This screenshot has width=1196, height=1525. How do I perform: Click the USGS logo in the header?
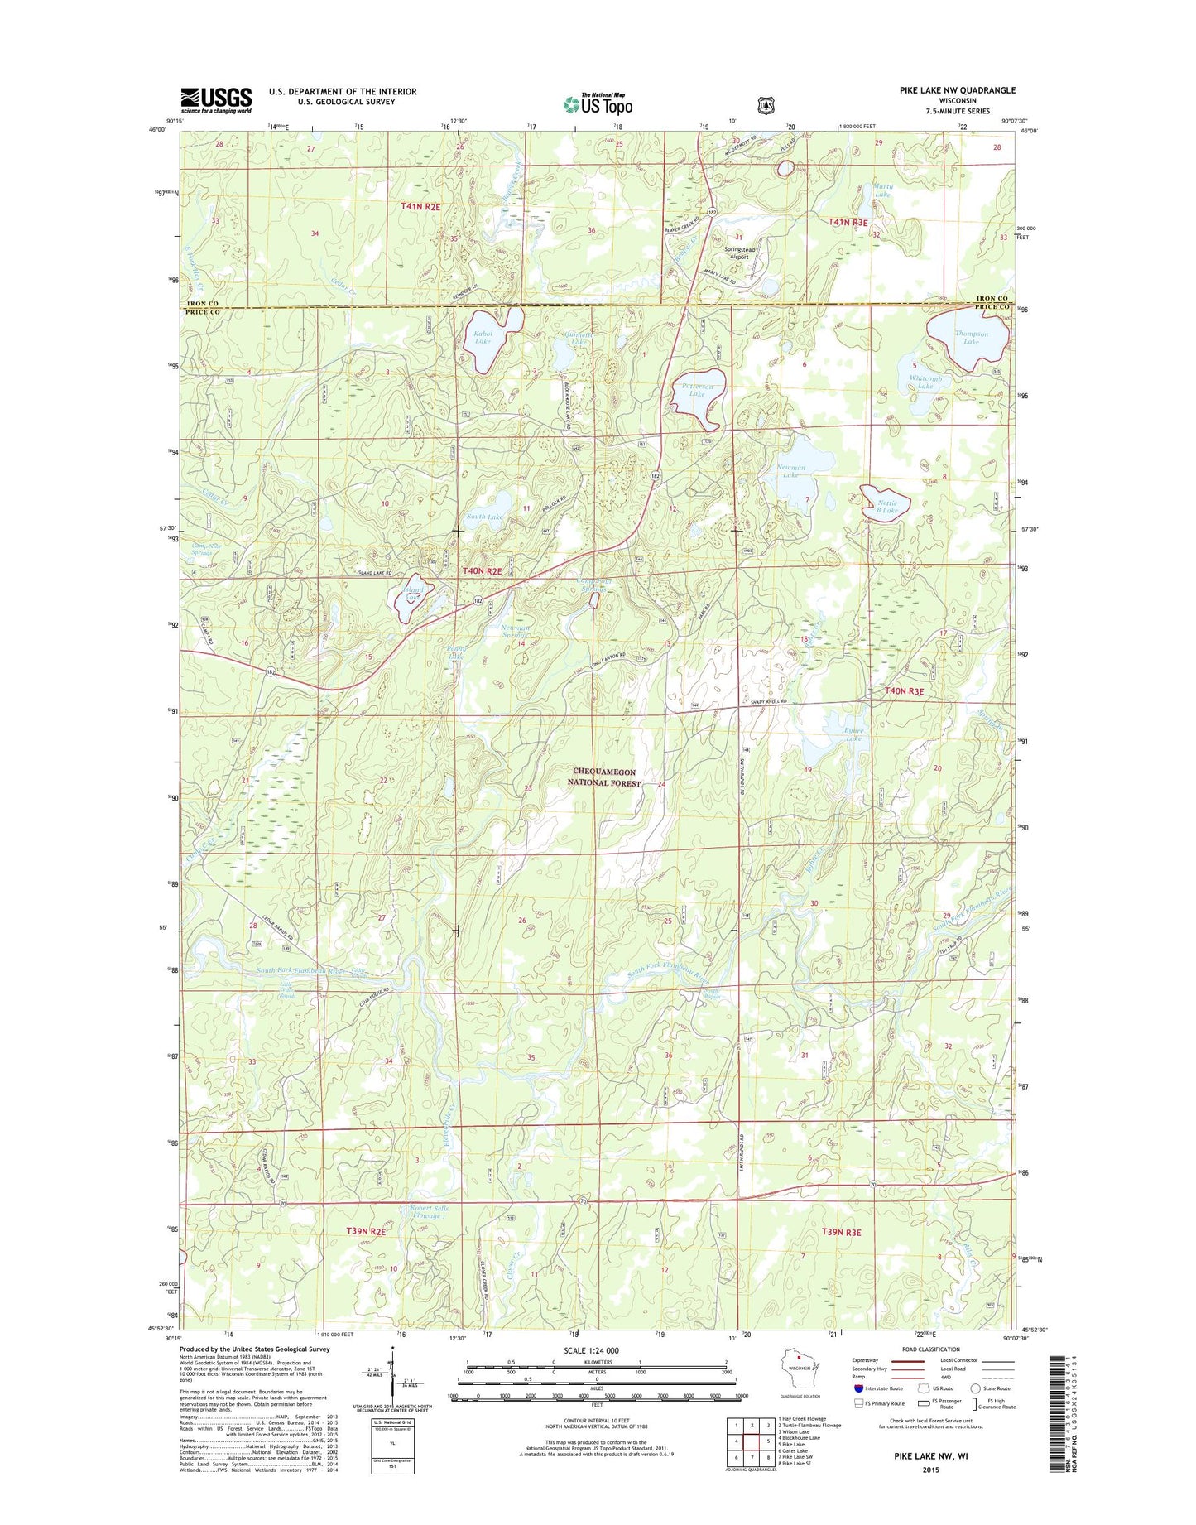click(216, 100)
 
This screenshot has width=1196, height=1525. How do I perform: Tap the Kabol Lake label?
click(483, 337)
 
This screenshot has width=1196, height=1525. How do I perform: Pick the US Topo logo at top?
click(598, 104)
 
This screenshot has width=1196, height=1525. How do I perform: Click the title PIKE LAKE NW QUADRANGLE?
click(957, 90)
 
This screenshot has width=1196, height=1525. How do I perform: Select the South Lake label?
click(484, 517)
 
